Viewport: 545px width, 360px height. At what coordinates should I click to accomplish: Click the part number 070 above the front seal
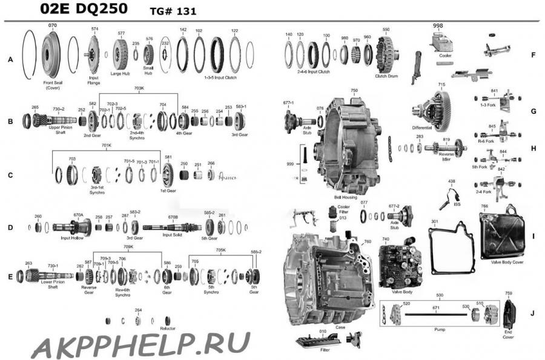tap(52, 25)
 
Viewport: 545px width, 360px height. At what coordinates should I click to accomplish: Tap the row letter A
tap(10, 59)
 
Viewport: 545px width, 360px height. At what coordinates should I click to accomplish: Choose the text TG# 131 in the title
tap(173, 11)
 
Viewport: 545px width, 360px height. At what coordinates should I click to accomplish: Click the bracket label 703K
tap(139, 88)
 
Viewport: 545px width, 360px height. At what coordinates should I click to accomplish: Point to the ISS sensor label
tap(457, 204)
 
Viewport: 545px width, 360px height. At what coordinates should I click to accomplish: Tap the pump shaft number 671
tap(435, 309)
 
